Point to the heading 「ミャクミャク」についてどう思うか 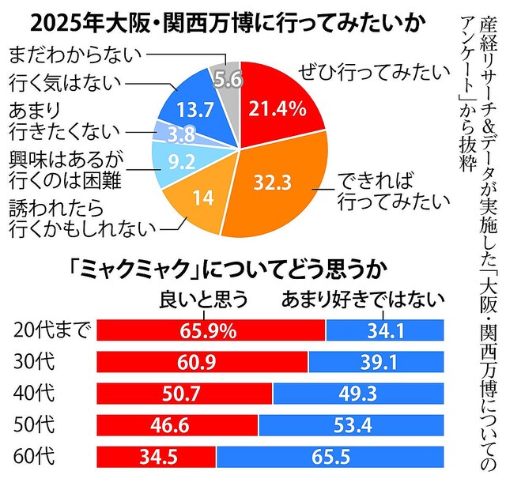pos(225,270)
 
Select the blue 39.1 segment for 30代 pos(376,362)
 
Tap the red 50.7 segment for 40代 pos(184,393)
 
